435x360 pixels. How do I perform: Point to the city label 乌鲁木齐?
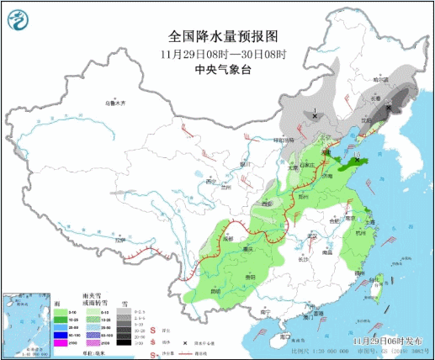click(115, 103)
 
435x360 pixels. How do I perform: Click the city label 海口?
click(289, 326)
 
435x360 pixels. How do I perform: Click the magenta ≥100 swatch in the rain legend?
click(61, 343)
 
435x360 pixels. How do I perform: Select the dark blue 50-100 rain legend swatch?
click(61, 331)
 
